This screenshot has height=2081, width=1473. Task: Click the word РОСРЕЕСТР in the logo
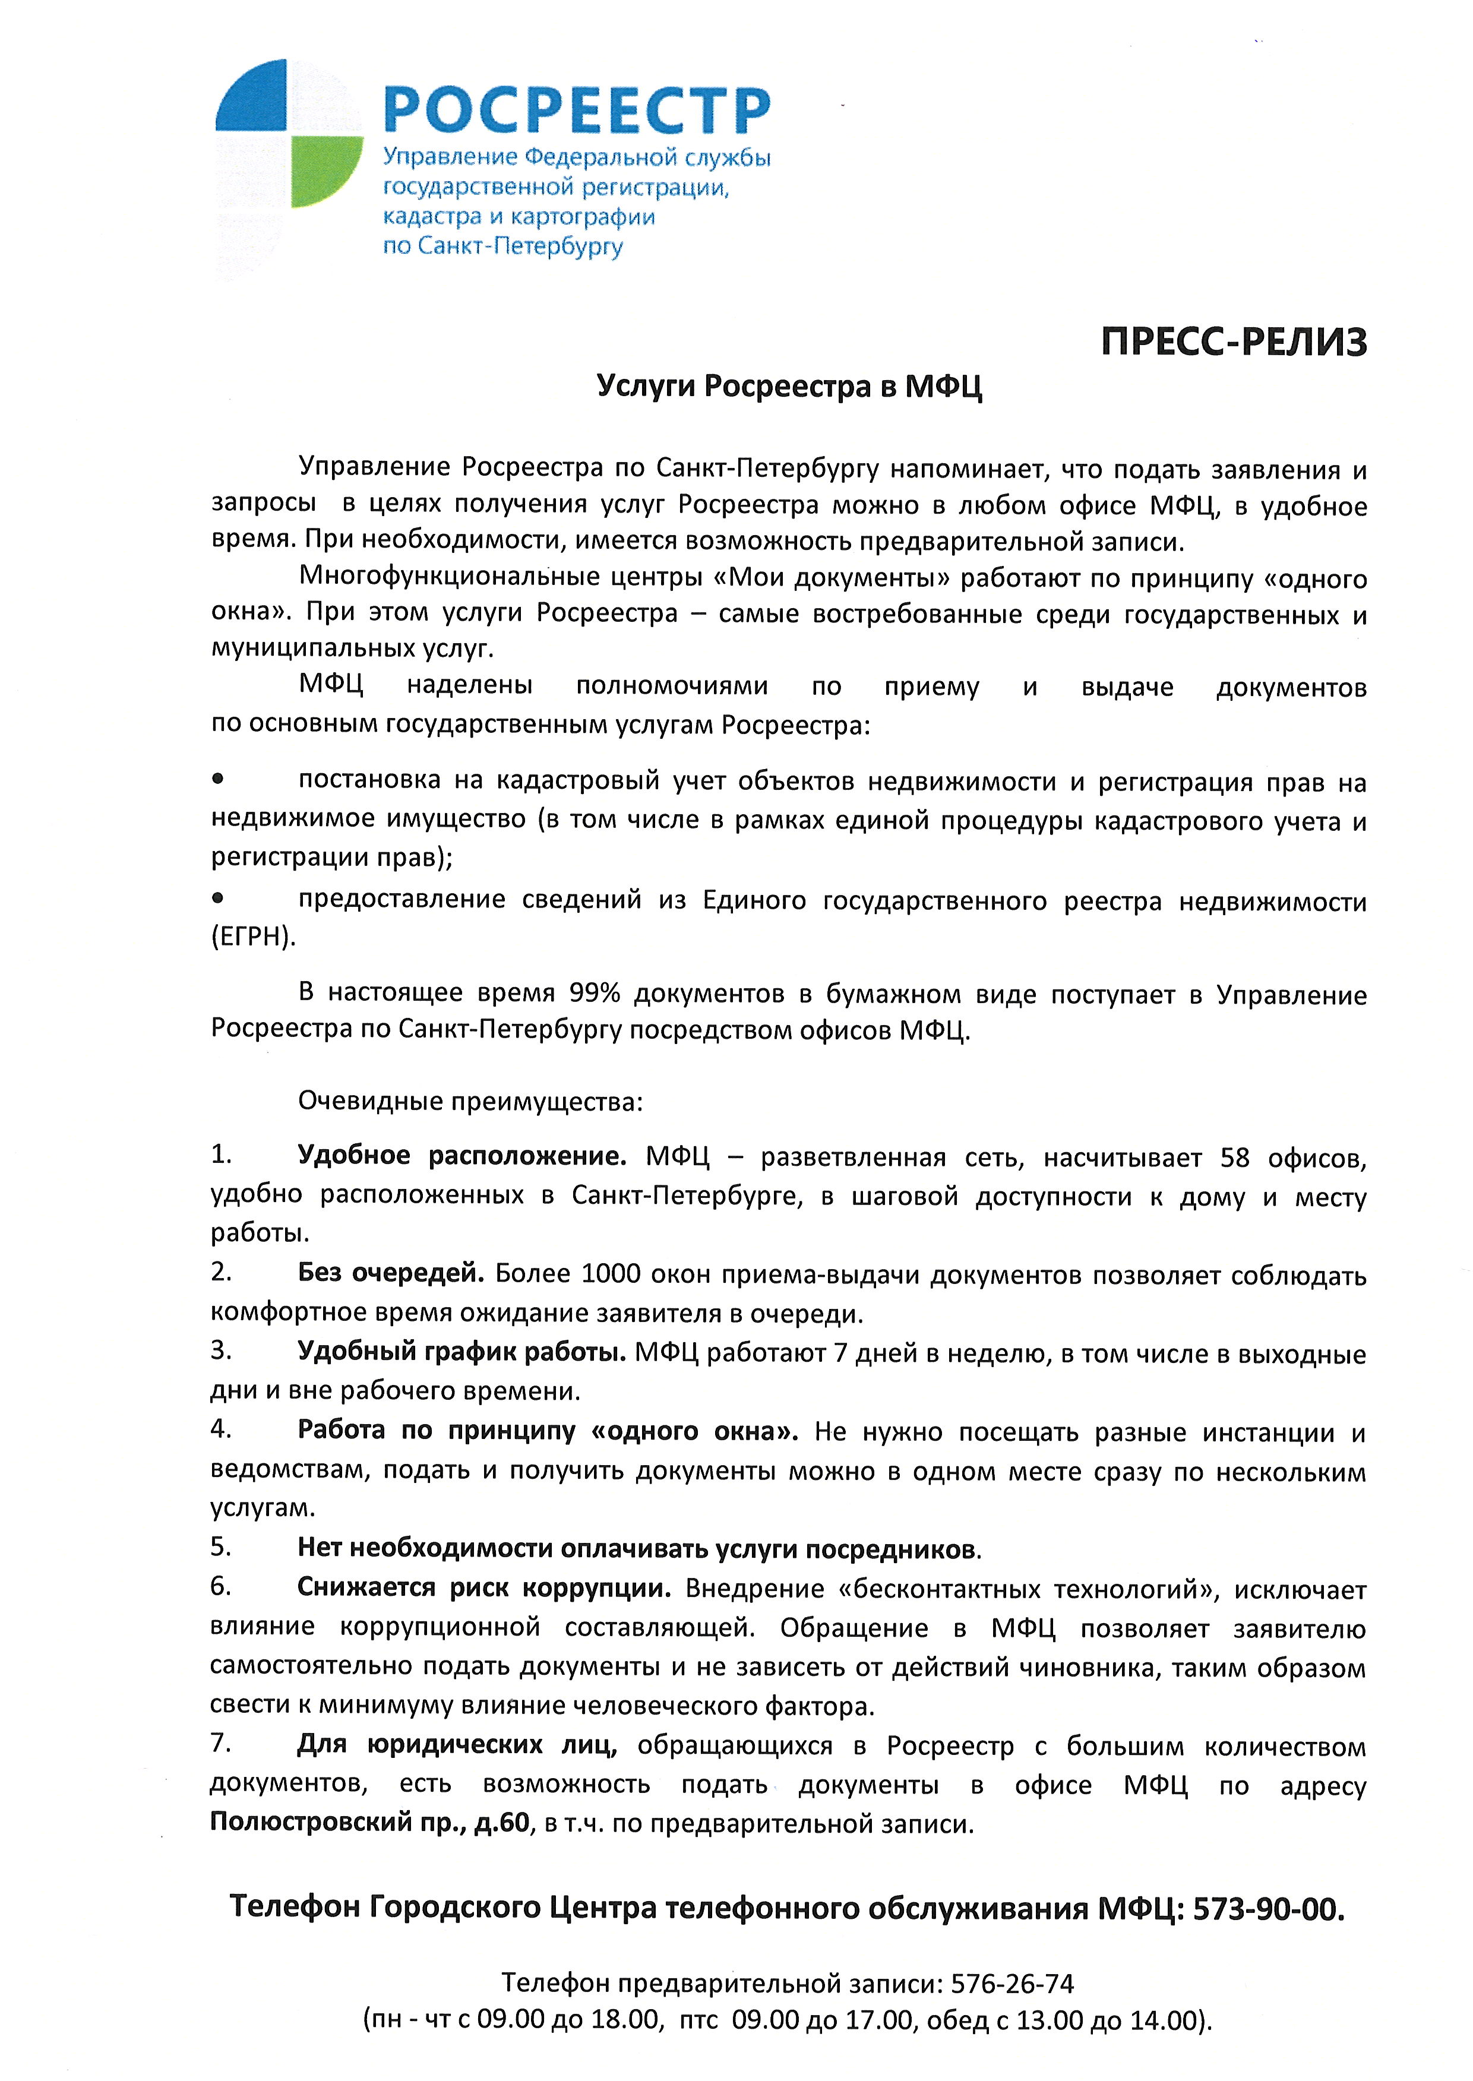pos(577,110)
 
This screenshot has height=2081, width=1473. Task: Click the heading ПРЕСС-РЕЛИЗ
pos(1234,343)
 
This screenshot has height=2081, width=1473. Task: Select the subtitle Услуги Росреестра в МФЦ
pos(789,387)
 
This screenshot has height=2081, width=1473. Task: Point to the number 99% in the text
pos(594,993)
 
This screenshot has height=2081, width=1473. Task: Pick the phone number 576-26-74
pos(1012,1984)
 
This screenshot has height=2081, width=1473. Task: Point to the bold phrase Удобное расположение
pos(462,1157)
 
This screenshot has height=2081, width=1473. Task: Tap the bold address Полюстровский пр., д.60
pos(370,1823)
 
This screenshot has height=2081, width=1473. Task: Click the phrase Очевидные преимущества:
pos(470,1102)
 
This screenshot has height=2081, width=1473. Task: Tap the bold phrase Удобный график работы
pos(462,1352)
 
